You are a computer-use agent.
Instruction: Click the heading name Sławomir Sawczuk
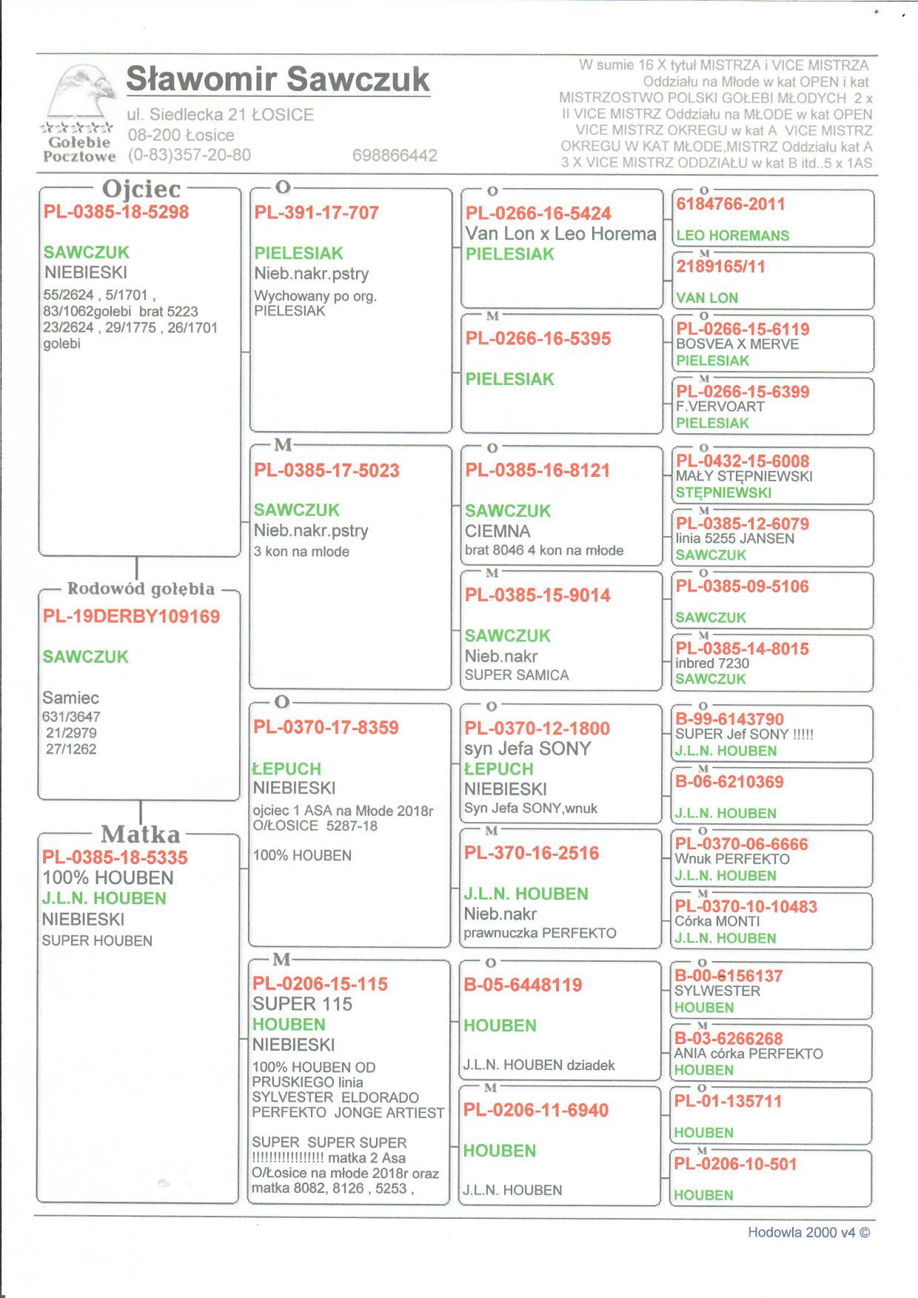pos(278,79)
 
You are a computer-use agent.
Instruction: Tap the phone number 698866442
pos(395,155)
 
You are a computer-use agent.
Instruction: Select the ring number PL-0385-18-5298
pos(116,213)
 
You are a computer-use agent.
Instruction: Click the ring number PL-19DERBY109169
pos(131,617)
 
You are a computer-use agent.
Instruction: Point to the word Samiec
pos(70,697)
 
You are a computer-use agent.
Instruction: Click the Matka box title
pos(140,834)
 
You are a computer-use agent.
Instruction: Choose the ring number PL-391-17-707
pos(316,213)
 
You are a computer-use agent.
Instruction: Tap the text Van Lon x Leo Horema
pos(560,234)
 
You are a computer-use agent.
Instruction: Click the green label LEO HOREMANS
pos(732,236)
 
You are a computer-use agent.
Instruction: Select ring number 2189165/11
pos(720,267)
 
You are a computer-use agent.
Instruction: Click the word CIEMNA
pos(497,531)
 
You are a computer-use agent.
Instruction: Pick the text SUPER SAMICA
pos(517,675)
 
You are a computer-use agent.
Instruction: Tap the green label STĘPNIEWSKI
pos(723,492)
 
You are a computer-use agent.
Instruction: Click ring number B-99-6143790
pos(729,719)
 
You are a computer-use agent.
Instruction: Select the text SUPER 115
pos(302,1004)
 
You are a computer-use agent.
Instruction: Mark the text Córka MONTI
pos(717,922)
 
